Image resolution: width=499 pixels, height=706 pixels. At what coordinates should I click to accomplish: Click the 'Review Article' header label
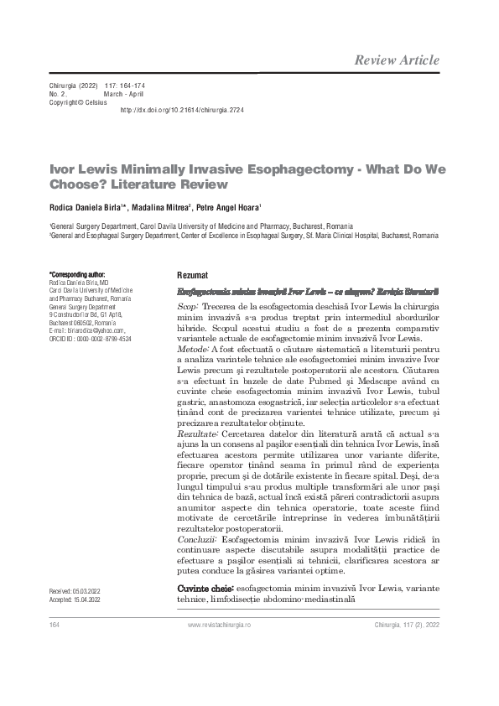click(396, 60)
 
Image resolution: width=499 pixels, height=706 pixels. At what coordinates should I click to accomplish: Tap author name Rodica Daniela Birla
click(86, 206)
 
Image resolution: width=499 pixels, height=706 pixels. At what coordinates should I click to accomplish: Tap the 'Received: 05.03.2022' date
click(75, 592)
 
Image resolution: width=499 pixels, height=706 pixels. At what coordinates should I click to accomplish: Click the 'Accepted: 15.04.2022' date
click(75, 600)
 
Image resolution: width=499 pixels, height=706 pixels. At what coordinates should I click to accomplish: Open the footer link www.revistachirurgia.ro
click(231, 626)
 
